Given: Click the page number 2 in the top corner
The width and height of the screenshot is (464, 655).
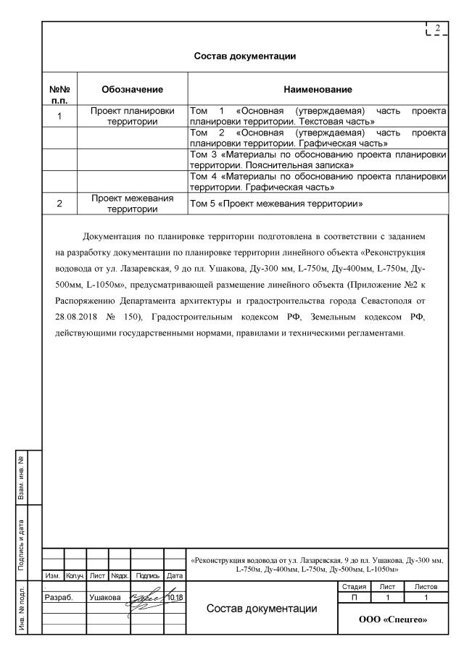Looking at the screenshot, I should point(437,29).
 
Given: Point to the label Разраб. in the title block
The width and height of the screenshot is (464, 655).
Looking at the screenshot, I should point(59,598).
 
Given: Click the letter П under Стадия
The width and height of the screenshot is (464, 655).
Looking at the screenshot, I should point(355,596).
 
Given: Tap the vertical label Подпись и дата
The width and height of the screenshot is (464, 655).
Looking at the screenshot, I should point(22,544).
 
